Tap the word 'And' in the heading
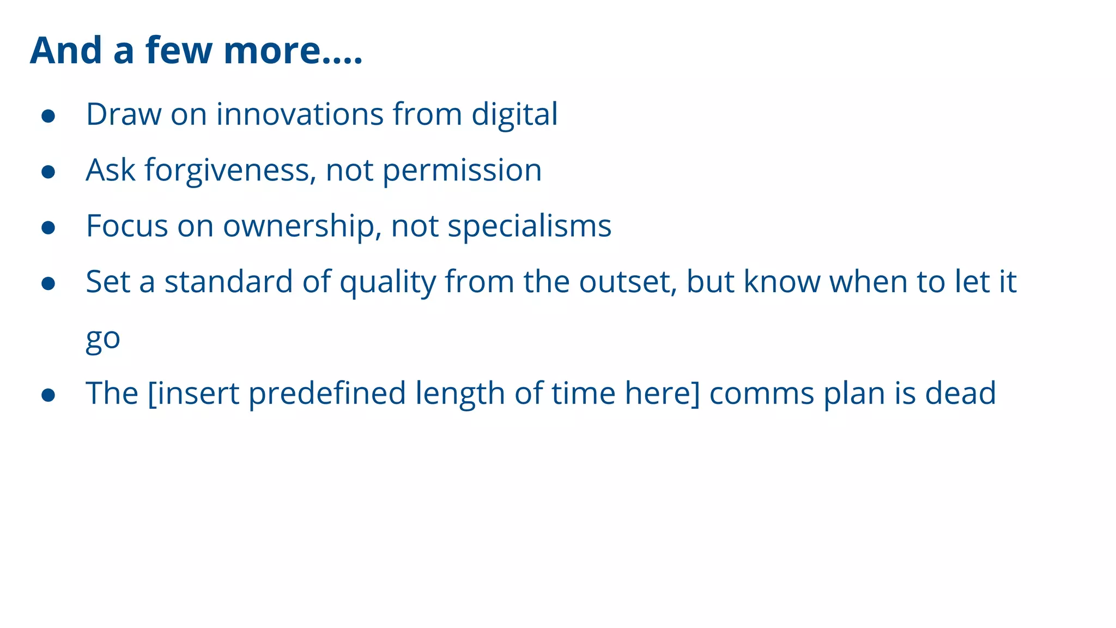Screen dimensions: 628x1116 point(66,51)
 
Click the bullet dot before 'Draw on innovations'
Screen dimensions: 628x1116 point(48,116)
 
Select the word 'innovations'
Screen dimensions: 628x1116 point(300,114)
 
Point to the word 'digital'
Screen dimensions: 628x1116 point(514,114)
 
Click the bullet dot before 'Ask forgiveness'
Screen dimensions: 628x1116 point(48,172)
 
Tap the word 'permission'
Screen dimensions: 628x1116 point(462,171)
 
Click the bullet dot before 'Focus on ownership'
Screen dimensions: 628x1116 point(48,227)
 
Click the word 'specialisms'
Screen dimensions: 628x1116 point(529,226)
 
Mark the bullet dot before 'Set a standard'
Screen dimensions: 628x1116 point(48,283)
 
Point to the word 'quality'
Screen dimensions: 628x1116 point(388,282)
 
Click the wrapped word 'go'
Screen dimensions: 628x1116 point(103,339)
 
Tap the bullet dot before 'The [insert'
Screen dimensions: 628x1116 point(48,395)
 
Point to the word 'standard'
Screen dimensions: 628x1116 point(228,282)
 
